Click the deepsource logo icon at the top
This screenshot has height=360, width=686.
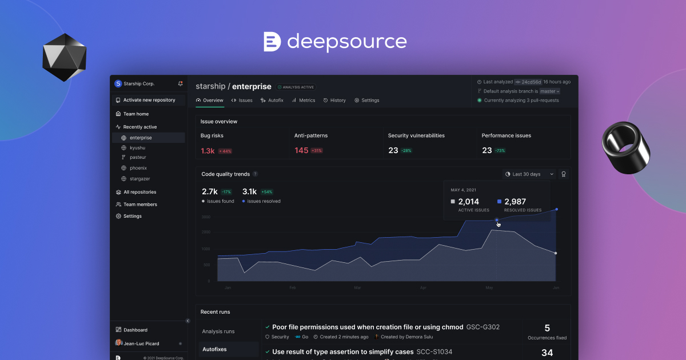pos(272,42)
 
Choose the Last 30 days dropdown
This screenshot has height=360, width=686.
pos(529,174)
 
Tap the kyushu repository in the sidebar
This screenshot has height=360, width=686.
pos(137,147)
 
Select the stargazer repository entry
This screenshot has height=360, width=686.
pos(139,179)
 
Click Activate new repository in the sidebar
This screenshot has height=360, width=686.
pos(149,100)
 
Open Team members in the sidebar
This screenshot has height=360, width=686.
pos(140,204)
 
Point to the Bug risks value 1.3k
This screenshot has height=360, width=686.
pos(208,151)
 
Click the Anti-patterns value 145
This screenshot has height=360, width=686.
pos(301,150)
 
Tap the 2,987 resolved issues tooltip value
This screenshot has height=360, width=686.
pos(514,202)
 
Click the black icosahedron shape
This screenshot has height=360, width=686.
pos(64,58)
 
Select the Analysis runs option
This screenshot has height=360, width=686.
pos(218,331)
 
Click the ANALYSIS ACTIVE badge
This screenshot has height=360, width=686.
pos(296,87)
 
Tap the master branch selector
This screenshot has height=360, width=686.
pos(550,91)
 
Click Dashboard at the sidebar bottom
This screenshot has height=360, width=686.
pos(135,330)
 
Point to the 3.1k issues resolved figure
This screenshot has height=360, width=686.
pos(250,191)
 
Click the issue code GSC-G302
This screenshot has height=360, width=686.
pos(483,327)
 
